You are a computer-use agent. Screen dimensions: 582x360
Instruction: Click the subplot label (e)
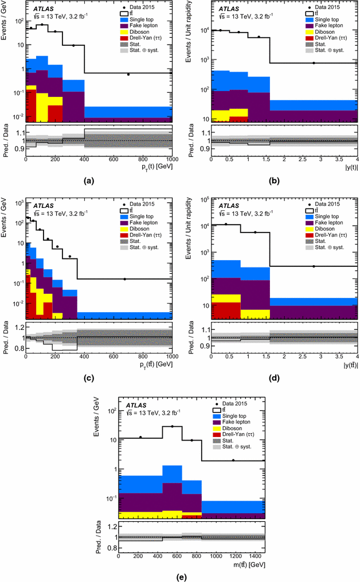tap(182, 576)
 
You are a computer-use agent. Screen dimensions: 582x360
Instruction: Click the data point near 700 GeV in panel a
tap(128, 74)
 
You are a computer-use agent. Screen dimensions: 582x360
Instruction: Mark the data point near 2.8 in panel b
tap(314, 63)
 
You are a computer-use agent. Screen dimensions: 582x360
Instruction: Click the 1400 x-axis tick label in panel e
tap(254, 555)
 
